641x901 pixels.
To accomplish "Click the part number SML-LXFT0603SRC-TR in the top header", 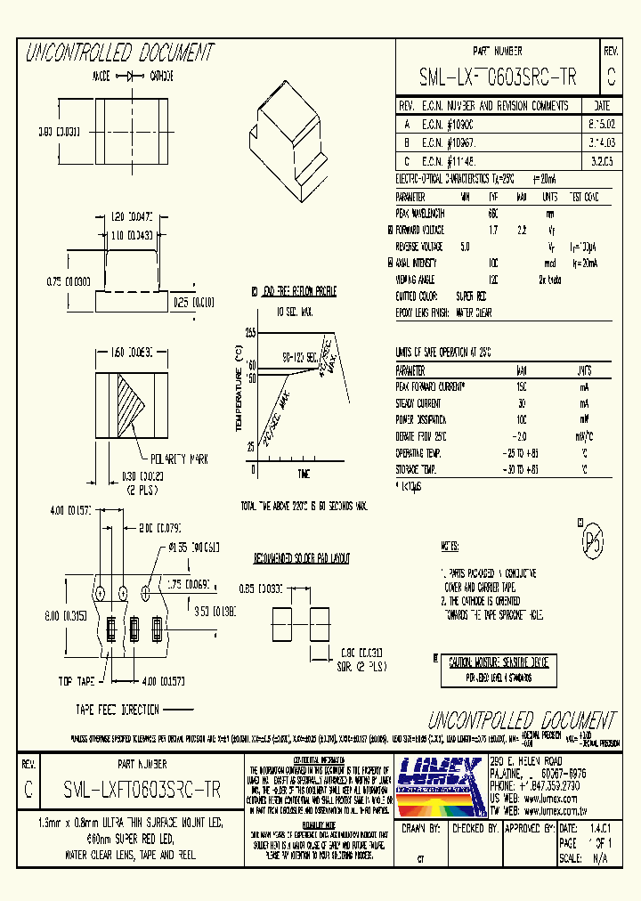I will pos(498,78).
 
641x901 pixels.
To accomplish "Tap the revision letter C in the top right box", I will pos(611,77).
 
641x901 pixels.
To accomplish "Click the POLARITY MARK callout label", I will pos(178,459).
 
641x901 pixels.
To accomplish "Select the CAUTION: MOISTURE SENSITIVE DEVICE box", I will pos(498,662).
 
